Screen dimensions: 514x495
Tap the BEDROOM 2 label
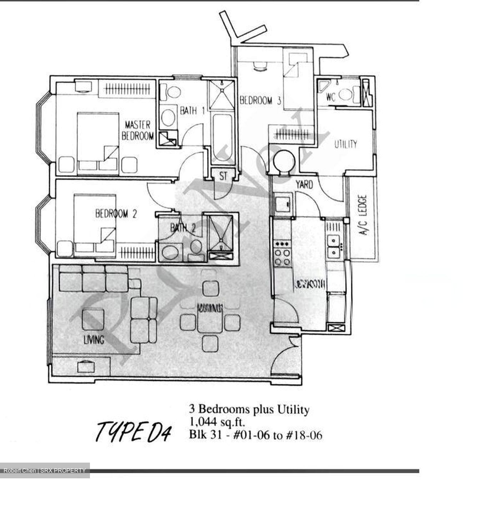(116, 214)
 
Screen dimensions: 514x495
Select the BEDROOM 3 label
(260, 100)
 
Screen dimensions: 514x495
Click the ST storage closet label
(223, 176)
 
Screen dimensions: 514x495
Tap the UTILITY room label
(345, 144)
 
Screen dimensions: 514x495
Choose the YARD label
(304, 185)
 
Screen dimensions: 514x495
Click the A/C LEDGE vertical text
(363, 215)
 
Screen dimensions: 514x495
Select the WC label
(331, 97)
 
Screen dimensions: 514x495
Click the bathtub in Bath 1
(223, 137)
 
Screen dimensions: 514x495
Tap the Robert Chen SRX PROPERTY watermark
(45, 470)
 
